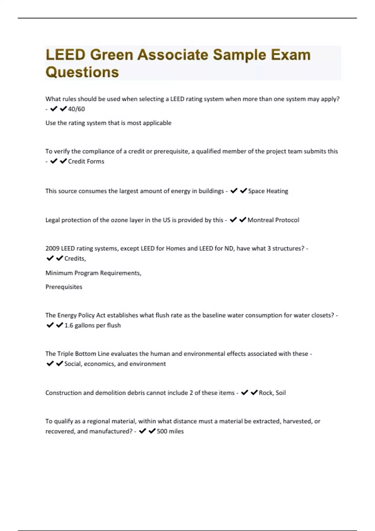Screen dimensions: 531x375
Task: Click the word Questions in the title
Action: pyautogui.click(x=82, y=72)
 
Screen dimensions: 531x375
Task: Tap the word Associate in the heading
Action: pyautogui.click(x=173, y=55)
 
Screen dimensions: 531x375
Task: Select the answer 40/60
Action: pyautogui.click(x=77, y=109)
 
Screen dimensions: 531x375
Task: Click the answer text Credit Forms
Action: pyautogui.click(x=86, y=161)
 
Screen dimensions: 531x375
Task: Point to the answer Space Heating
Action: pyautogui.click(x=268, y=191)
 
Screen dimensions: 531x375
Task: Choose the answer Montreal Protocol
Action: pyautogui.click(x=273, y=220)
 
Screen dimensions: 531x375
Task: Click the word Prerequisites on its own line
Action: pyautogui.click(x=64, y=287)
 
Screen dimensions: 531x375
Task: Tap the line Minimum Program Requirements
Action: pyautogui.click(x=93, y=273)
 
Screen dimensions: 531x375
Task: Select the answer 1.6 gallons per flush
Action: pyautogui.click(x=92, y=325)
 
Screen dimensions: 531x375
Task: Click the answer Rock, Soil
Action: pyautogui.click(x=272, y=393)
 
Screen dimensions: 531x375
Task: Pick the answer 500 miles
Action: pyautogui.click(x=170, y=431)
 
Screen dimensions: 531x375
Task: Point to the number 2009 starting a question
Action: pyautogui.click(x=52, y=249)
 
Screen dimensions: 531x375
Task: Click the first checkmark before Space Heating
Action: pyautogui.click(x=234, y=191)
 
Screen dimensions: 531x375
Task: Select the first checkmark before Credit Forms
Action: pyautogui.click(x=54, y=161)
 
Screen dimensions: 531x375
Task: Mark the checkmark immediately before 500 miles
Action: pyautogui.click(x=152, y=431)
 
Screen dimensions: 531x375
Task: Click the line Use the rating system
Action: pyautogui.click(x=108, y=123)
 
